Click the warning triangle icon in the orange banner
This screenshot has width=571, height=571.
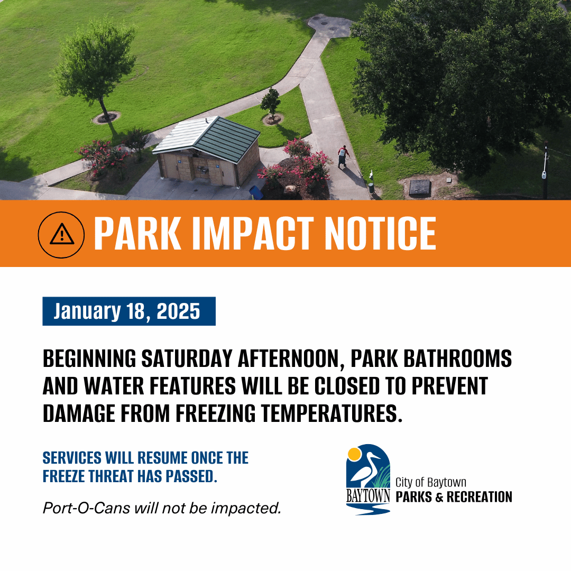click(61, 234)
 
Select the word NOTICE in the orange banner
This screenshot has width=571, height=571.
click(380, 233)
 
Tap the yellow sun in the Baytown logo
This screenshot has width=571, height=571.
click(354, 454)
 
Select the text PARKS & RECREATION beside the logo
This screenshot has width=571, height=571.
click(454, 497)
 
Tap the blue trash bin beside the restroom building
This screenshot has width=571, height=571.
click(256, 192)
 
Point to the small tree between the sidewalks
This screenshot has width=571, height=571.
click(271, 103)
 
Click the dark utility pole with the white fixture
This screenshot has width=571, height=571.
click(545, 172)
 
